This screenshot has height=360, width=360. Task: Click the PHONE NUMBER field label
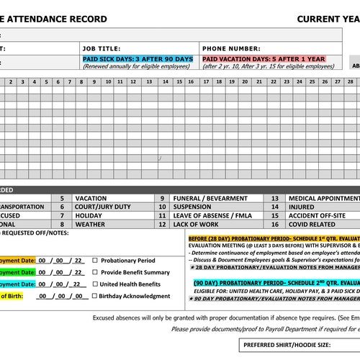point(230,48)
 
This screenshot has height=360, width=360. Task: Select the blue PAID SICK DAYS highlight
point(138,58)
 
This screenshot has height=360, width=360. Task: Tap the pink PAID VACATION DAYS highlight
point(263,58)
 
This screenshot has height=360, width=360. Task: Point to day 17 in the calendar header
point(207,81)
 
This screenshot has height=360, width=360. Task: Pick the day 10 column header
point(108,81)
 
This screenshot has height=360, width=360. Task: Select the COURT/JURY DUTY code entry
point(103,207)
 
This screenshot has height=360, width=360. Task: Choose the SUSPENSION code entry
point(194,207)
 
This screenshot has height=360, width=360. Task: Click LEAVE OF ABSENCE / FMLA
point(213,215)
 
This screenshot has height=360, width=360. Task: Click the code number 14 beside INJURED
point(274,207)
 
